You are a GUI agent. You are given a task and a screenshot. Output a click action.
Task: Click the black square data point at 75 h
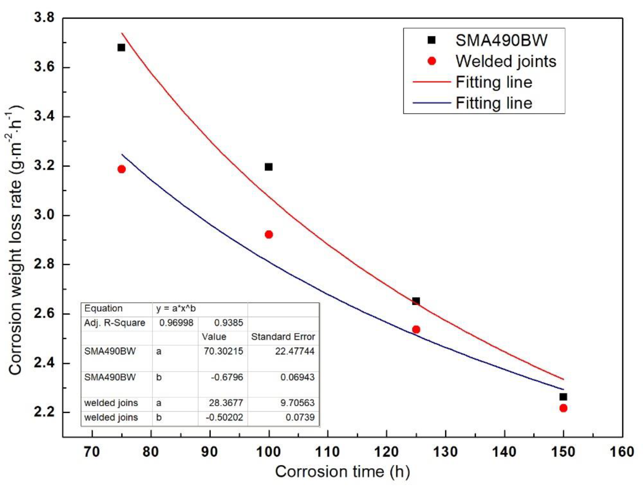[121, 47]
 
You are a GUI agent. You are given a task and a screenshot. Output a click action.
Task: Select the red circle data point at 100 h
[269, 234]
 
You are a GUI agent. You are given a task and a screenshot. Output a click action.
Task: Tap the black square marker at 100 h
[268, 167]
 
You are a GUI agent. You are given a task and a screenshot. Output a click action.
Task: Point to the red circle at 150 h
[563, 408]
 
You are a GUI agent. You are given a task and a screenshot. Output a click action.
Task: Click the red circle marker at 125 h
[416, 330]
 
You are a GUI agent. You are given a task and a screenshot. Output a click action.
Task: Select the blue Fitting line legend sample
[432, 103]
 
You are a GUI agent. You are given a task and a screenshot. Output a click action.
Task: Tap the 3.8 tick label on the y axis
[44, 17]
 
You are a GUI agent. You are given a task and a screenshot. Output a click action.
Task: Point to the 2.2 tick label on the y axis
[44, 412]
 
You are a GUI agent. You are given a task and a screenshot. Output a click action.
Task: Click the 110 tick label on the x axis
[328, 452]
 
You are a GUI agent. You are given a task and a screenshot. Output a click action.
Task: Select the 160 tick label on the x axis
[622, 452]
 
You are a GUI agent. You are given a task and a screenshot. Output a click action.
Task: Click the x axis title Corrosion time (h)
[342, 472]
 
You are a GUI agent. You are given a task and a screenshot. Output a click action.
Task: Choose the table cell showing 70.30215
[223, 351]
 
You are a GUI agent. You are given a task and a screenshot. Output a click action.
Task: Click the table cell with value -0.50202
[224, 417]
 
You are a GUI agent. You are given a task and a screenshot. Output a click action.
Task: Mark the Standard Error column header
[283, 337]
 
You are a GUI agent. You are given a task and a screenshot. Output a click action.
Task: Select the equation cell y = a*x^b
[176, 309]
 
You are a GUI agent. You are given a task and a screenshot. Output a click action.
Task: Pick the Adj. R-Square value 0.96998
[176, 323]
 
